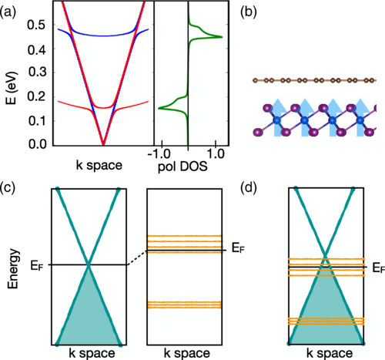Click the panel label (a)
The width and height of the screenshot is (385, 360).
8,12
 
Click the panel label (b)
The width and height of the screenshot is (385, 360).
249,12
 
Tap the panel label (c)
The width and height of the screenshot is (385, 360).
8,187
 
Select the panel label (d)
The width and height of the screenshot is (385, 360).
249,187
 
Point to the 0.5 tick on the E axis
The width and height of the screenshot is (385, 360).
37,25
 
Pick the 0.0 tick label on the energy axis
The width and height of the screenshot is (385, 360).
37,144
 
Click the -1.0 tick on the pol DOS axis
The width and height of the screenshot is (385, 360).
159,155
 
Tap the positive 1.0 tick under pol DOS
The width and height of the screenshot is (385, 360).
216,155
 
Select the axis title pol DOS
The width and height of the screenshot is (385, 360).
182,167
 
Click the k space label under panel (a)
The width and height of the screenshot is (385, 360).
99,166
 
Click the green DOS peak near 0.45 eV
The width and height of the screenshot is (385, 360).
221,37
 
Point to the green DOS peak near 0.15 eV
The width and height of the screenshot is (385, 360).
159,108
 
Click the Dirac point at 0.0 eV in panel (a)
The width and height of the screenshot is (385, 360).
103,144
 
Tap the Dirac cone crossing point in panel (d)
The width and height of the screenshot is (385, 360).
326,255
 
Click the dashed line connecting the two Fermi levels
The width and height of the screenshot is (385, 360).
137,257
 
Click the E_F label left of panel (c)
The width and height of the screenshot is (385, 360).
37,265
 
